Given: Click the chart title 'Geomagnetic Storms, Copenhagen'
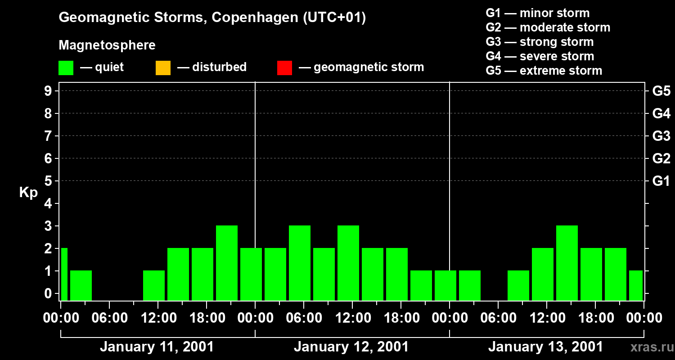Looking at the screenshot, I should pos(212,18).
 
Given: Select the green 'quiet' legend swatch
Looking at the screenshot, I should pos(66,68).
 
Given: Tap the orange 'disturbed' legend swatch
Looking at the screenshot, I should pos(163,68).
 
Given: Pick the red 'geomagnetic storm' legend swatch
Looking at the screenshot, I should pos(284,68).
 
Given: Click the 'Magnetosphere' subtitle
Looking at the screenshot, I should pos(107,45).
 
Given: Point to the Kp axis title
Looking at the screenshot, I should pos(28,193).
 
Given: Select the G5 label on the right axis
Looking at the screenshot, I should pos(661,91).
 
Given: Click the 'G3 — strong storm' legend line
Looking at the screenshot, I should pos(540,42).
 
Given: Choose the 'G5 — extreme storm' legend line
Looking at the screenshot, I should pos(544,71).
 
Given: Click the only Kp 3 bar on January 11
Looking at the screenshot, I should pos(227,262).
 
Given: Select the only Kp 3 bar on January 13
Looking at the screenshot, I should pos(567,262).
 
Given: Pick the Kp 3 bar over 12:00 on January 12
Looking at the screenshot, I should pos(348,262).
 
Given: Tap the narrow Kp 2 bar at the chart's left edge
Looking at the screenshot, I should pos(64,274).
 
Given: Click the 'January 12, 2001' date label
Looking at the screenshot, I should pos(351,347).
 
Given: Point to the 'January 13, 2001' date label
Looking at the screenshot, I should pos(545,347).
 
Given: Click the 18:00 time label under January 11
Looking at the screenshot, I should pos(207,318).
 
